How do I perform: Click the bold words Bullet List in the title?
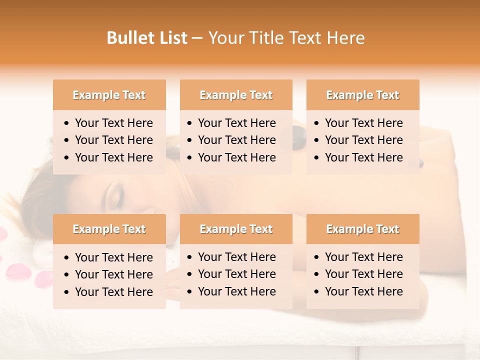pos(147,38)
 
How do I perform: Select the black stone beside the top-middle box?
pos(298,134)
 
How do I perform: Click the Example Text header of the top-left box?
pos(109,95)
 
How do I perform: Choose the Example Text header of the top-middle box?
pos(236,95)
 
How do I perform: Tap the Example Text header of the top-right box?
pos(362,95)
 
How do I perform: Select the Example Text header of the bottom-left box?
pos(109,229)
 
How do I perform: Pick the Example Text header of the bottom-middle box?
pos(236,229)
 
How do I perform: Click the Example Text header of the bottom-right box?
pos(362,229)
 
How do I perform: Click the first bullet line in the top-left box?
pos(113,123)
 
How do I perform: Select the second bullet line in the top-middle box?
pos(236,140)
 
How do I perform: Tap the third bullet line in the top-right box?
pos(363,157)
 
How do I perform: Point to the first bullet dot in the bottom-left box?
pos(67,258)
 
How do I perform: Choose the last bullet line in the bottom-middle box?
pos(236,291)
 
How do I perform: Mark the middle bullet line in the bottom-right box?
pos(363,274)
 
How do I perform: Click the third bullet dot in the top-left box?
pos(67,158)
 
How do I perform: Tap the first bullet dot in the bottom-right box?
pos(317,257)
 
